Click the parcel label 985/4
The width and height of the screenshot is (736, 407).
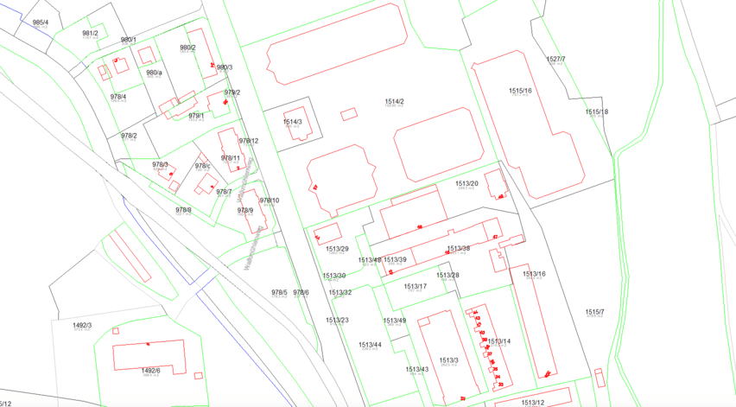pos(40,22)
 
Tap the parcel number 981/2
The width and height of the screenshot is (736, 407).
pos(90,33)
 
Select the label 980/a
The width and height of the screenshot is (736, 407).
pos(154,73)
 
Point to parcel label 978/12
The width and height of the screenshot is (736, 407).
pos(249,140)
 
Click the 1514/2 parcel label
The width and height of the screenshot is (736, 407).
pos(394,101)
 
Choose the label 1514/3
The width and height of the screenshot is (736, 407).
pos(293,122)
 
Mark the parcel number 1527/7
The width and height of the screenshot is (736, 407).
pos(555,59)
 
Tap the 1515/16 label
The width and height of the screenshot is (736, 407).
pos(520,90)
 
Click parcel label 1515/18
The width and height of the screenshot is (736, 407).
pos(596,111)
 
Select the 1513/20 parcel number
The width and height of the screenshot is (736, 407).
pos(466,183)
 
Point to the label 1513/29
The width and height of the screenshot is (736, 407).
pos(337,249)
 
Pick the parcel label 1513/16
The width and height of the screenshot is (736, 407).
pos(535,274)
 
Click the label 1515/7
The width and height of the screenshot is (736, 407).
pos(594,312)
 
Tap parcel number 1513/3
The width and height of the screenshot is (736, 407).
pos(447,359)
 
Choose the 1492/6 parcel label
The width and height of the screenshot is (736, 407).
pos(150,370)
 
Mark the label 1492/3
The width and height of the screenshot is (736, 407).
pos(82,325)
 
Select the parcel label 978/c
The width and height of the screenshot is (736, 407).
pos(203,165)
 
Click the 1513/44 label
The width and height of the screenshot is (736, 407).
pos(370,344)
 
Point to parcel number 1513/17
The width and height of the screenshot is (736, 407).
pos(416,286)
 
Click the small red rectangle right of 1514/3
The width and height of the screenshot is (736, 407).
pos(348,113)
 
